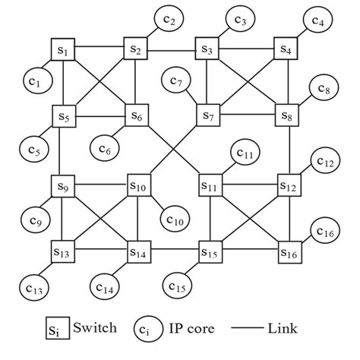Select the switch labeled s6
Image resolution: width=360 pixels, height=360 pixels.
click(137, 116)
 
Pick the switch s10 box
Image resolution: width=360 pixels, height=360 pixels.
click(137, 185)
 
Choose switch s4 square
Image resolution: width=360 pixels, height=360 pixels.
click(286, 50)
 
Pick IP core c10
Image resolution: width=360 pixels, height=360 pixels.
click(174, 220)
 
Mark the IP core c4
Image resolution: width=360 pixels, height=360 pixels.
click(317, 22)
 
